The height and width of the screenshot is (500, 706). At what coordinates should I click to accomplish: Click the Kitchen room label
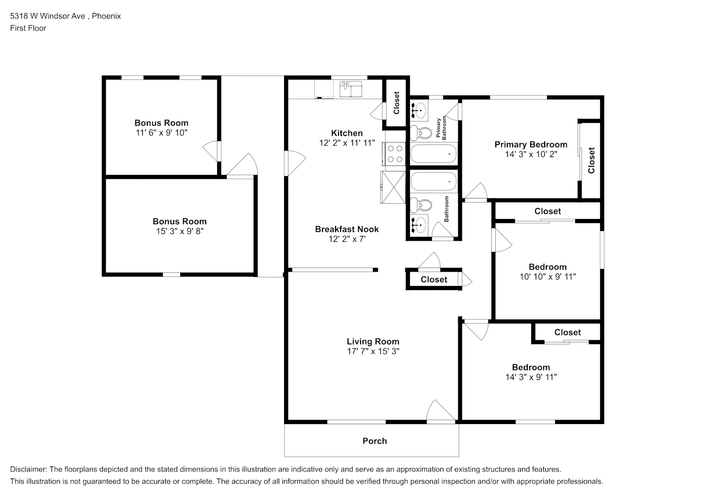(x=347, y=133)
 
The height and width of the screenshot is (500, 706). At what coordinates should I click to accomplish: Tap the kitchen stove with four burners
(x=393, y=153)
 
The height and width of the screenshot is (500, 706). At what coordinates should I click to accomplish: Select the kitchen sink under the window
(x=351, y=88)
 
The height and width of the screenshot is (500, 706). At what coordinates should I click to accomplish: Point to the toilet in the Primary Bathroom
(x=421, y=133)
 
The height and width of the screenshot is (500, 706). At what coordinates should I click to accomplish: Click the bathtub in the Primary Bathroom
(x=434, y=153)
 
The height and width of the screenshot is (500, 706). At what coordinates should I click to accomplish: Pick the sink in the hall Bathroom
(x=419, y=224)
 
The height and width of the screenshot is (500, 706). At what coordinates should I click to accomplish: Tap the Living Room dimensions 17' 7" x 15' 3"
(x=373, y=351)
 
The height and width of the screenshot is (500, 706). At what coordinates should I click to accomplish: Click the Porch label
(x=374, y=441)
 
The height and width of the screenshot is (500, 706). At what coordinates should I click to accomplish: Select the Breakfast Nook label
(x=347, y=229)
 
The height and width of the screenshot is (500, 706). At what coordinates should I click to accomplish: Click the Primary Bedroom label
(x=531, y=144)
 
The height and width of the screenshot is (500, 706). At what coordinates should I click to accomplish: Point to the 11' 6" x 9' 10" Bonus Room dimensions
(x=161, y=132)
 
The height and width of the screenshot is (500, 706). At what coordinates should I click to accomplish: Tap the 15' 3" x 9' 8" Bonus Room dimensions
(x=180, y=231)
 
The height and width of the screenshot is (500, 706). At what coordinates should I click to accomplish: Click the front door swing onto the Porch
(x=440, y=410)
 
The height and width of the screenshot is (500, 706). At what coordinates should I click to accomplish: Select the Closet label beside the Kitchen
(x=396, y=103)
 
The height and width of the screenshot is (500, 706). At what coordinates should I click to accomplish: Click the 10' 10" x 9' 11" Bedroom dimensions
(x=548, y=276)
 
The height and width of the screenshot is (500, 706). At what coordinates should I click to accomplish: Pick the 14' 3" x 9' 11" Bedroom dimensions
(x=531, y=377)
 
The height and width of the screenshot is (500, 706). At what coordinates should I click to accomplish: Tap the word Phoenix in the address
(x=106, y=16)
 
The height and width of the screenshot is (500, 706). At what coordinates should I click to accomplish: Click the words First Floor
(x=28, y=28)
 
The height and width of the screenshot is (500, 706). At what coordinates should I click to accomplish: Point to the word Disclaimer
(x=28, y=469)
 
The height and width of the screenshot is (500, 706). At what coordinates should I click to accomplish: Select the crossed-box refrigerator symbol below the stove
(x=393, y=187)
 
